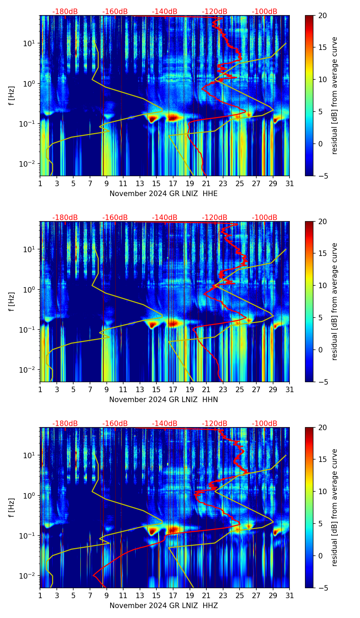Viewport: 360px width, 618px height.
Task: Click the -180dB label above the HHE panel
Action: (x=65, y=12)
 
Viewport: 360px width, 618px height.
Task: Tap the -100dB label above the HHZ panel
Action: (x=265, y=424)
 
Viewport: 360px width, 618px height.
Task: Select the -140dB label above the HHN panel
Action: (x=165, y=218)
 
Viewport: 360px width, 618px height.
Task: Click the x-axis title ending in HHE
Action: (x=164, y=194)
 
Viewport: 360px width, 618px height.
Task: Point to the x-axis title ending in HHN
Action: (x=164, y=400)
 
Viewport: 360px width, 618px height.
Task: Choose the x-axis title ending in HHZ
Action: (x=164, y=606)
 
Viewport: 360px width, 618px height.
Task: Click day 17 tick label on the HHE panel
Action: (x=173, y=184)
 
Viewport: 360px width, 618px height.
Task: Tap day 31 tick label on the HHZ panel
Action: (x=290, y=596)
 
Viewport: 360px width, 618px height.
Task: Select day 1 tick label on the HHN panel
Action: (x=40, y=390)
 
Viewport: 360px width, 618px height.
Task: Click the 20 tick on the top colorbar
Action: (x=322, y=15)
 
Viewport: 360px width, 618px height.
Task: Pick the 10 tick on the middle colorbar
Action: (x=322, y=285)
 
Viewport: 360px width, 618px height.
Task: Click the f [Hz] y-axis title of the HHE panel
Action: (x=12, y=95)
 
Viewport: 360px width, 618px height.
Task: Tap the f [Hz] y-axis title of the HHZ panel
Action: (x=12, y=507)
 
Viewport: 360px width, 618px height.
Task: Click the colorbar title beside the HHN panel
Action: (x=334, y=301)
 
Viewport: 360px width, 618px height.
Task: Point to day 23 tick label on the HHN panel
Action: (x=223, y=390)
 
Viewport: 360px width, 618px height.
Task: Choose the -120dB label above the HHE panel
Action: (x=215, y=12)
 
